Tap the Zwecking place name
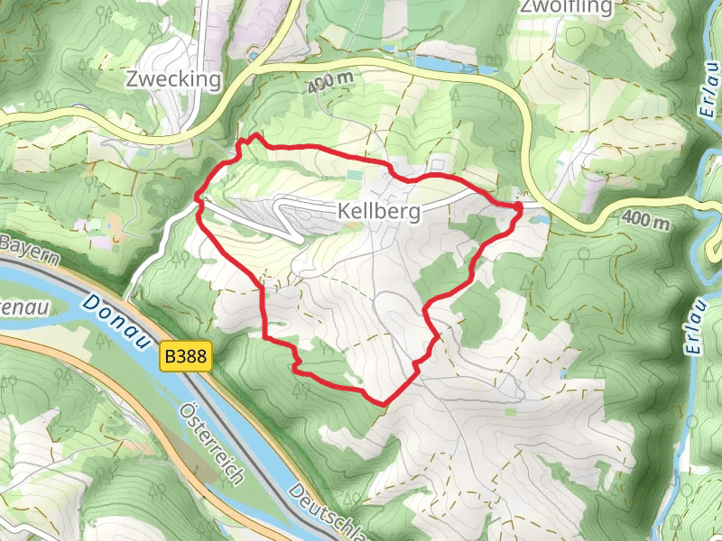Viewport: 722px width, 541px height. pyautogui.click(x=174, y=80)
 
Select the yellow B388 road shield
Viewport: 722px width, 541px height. pyautogui.click(x=187, y=357)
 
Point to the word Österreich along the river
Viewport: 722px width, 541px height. pyautogui.click(x=212, y=443)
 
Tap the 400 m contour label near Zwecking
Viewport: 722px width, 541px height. pyautogui.click(x=330, y=81)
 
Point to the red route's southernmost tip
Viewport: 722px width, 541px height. pyautogui.click(x=383, y=403)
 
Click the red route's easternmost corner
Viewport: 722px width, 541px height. pyautogui.click(x=521, y=208)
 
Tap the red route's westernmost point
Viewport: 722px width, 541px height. pyautogui.click(x=197, y=196)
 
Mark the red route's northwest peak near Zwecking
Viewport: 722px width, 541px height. pyautogui.click(x=255, y=136)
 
